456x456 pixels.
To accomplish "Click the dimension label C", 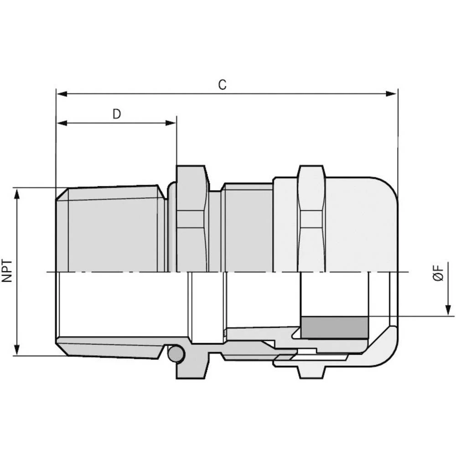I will click(222, 85).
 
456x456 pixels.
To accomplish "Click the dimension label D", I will click(117, 114).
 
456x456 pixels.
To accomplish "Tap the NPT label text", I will click(8, 271).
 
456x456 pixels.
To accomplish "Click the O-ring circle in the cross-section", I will click(176, 354).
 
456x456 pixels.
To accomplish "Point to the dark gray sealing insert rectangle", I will click(334, 328).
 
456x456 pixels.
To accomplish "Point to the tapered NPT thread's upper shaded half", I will click(114, 230).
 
